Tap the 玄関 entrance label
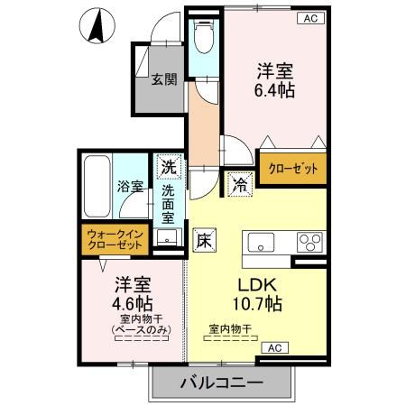click(x=162, y=78)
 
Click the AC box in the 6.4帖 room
click(x=309, y=17)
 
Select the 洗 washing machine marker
click(x=168, y=166)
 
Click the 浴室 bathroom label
click(x=130, y=187)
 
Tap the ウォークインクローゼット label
click(x=115, y=240)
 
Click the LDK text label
click(x=237, y=282)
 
